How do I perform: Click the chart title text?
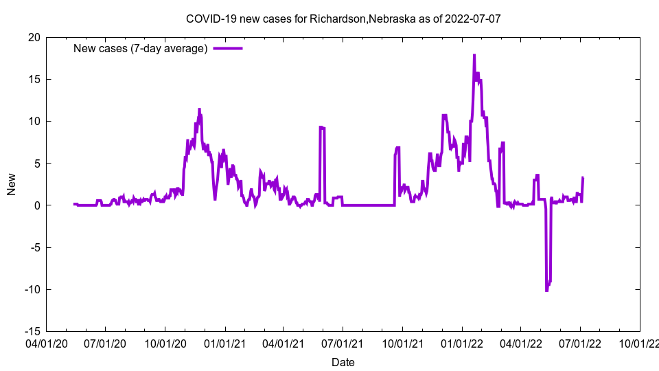343,19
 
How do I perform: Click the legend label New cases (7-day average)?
141,49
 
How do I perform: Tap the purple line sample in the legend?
228,49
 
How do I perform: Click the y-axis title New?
12,184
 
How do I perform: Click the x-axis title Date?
343,362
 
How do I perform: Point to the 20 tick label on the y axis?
34,37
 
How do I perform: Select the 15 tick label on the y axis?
34,79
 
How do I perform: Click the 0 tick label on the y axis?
37,205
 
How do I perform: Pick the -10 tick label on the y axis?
32,289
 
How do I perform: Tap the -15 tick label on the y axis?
32,331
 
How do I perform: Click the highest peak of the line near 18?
474,56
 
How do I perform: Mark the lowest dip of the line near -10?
546,291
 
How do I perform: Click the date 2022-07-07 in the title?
474,19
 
